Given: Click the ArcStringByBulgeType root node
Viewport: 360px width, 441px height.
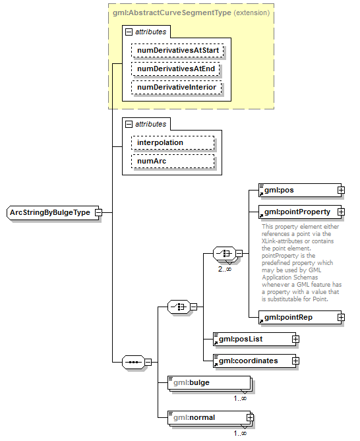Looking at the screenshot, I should click(x=50, y=213).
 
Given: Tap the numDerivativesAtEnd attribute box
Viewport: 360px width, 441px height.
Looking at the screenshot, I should click(x=175, y=69).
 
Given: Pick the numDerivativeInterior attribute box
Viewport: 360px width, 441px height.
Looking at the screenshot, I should click(x=177, y=87).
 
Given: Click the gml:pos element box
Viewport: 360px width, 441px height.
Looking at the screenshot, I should click(x=296, y=191).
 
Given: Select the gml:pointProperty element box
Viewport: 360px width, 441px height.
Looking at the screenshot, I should click(x=296, y=212).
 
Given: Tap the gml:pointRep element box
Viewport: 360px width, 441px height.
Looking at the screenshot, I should click(x=296, y=318).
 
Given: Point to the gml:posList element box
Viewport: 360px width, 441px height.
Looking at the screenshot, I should click(x=251, y=339).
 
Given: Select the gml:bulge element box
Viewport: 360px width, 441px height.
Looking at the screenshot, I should click(x=208, y=382).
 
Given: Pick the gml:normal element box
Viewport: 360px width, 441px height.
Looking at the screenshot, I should click(x=207, y=417).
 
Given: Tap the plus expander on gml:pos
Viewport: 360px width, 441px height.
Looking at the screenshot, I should click(x=341, y=191).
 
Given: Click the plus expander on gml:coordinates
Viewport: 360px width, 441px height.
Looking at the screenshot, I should click(x=296, y=361).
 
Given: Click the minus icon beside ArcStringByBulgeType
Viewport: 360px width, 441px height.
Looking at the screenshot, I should click(x=98, y=213).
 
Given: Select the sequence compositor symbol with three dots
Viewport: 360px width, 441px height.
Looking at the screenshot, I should click(x=134, y=361).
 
